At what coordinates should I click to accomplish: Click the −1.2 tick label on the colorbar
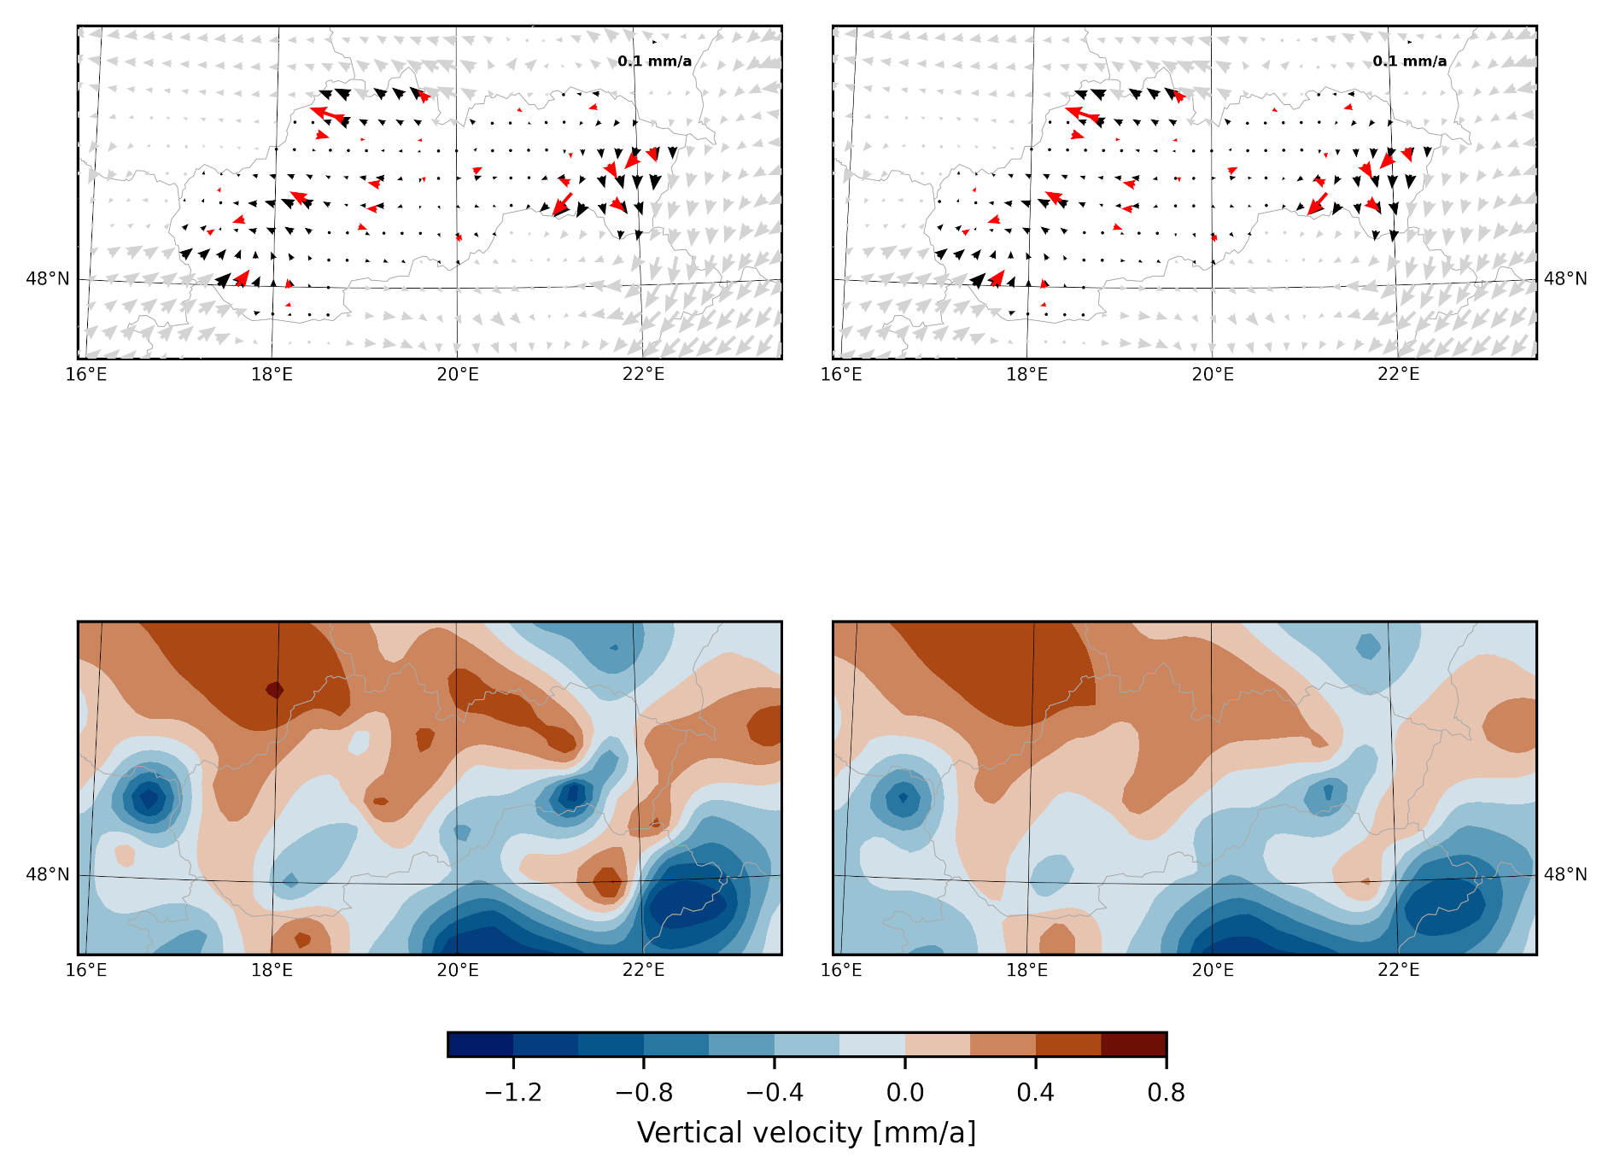pos(513,1093)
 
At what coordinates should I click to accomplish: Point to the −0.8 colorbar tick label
pos(644,1093)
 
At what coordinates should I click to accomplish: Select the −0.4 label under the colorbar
pos(774,1093)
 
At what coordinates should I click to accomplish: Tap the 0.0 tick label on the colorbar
pos(905,1093)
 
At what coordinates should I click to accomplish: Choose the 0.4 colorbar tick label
pos(1035,1093)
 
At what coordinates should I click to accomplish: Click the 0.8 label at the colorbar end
pos(1166,1093)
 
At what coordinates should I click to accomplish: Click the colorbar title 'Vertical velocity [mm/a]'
pos(806,1133)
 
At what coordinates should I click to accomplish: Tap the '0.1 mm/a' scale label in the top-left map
pos(654,61)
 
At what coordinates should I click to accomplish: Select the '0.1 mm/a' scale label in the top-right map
pos(1409,61)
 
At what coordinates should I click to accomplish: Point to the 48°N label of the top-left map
pos(48,279)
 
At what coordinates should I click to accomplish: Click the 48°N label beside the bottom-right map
pos(1565,874)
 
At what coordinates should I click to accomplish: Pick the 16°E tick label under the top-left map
pos(86,374)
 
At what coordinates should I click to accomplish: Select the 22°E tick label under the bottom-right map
pos(1398,970)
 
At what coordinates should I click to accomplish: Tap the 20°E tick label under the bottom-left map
pos(458,970)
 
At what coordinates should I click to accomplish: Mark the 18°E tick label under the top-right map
pos(1026,374)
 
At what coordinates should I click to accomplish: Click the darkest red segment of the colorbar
pos(1133,1044)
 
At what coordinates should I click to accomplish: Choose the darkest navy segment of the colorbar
pos(481,1044)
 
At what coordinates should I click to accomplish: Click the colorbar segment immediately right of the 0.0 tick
pos(938,1044)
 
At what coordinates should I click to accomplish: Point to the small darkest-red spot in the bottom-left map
pos(274,689)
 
